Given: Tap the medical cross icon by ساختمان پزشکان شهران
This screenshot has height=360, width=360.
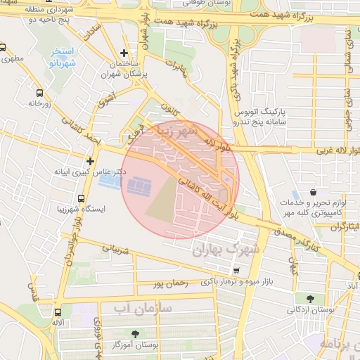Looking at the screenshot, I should pyautogui.click(x=124, y=53).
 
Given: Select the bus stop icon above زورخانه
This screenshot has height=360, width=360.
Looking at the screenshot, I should pyautogui.click(x=39, y=92).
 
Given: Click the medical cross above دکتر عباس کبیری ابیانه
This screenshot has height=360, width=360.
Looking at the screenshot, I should pyautogui.click(x=90, y=162).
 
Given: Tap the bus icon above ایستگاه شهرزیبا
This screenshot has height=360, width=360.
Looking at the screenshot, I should pyautogui.click(x=81, y=199).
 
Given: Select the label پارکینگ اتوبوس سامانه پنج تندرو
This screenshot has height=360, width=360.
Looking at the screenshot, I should pyautogui.click(x=262, y=117).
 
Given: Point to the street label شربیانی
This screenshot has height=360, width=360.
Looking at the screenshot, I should pyautogui.click(x=117, y=248).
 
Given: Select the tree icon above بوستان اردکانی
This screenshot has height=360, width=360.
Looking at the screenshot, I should pyautogui.click(x=310, y=298).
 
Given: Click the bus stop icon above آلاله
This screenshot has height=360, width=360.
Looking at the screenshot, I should pyautogui.click(x=57, y=311).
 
